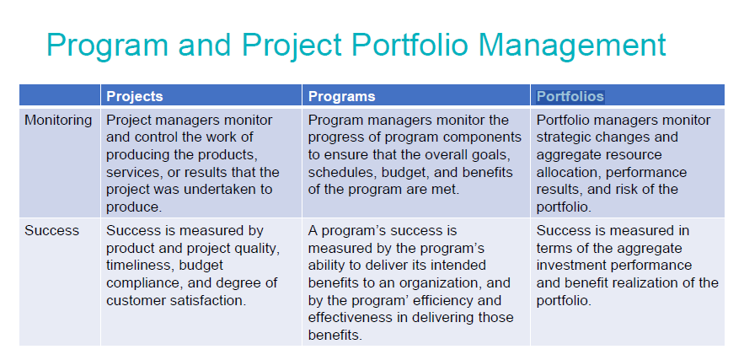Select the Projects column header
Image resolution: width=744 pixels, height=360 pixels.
tap(135, 96)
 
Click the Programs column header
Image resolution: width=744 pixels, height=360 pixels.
tap(342, 96)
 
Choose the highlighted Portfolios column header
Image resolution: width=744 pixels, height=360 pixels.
tap(570, 96)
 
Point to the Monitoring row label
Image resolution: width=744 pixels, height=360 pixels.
tap(58, 120)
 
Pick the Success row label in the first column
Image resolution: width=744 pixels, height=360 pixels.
tap(51, 230)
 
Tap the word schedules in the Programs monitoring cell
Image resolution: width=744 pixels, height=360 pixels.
tap(339, 172)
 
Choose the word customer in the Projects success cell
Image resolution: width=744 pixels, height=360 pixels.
tap(136, 299)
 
